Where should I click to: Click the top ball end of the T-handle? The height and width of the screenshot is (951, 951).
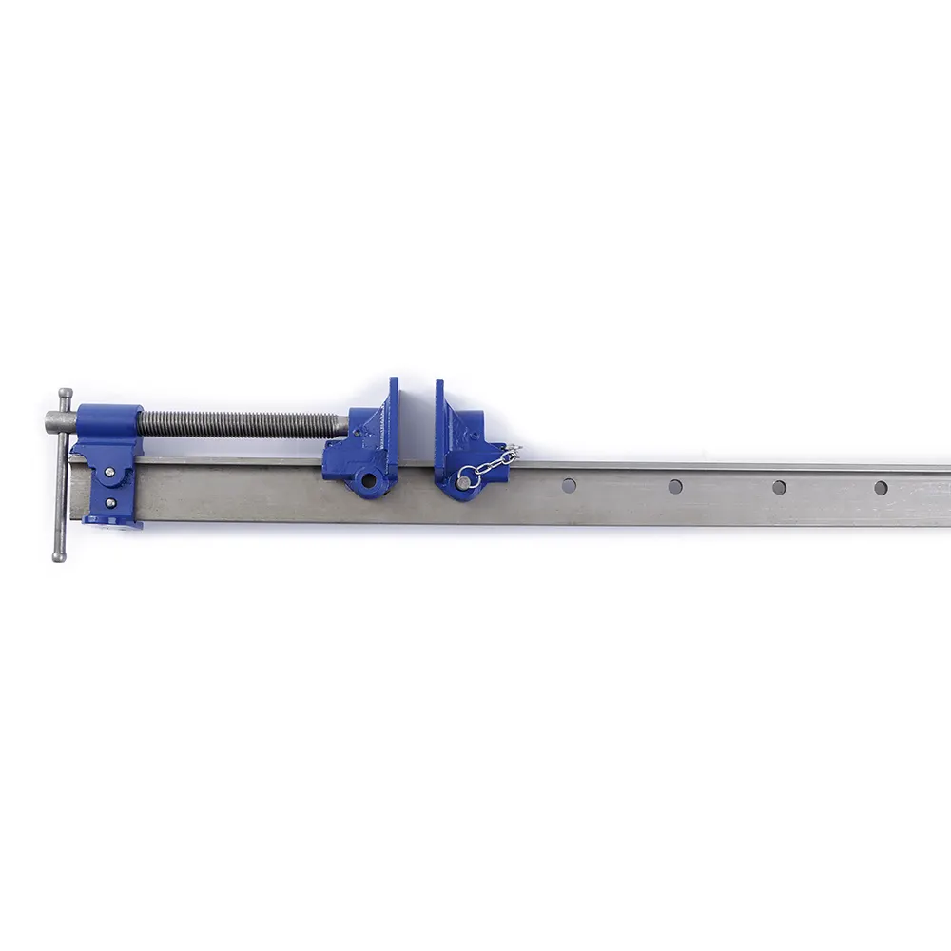(64, 393)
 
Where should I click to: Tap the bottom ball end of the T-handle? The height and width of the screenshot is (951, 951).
(59, 555)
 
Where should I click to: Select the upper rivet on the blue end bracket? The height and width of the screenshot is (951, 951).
(110, 472)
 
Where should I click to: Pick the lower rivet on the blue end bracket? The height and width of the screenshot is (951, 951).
(110, 503)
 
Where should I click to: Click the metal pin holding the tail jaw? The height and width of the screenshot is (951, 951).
(463, 483)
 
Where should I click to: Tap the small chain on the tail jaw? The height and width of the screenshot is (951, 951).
(493, 465)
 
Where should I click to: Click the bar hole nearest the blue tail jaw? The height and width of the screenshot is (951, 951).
(569, 486)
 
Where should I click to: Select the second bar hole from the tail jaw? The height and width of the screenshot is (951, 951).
(674, 487)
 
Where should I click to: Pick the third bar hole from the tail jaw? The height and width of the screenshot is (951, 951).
(779, 488)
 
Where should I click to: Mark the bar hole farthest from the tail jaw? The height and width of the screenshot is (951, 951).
(881, 488)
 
